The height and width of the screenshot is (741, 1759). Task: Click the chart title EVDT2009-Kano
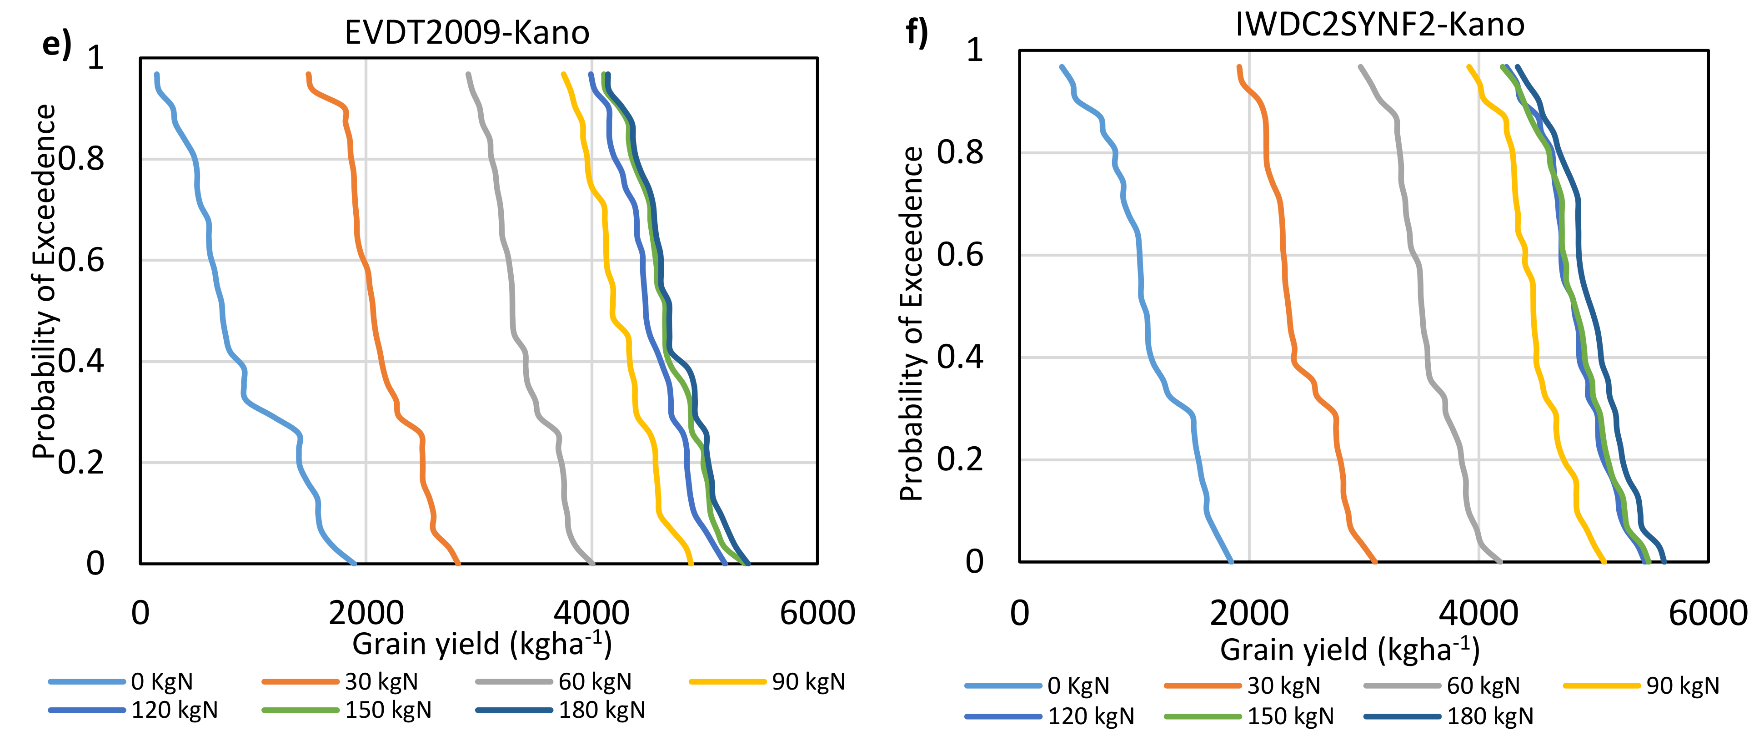[466, 33]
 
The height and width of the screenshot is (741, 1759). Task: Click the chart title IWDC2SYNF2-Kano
[1379, 25]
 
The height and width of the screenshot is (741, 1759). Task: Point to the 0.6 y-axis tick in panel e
[81, 260]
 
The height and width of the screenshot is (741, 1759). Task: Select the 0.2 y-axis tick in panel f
[959, 459]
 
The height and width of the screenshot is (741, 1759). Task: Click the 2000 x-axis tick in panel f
[1249, 613]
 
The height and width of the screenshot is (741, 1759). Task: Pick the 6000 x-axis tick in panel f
[1707, 613]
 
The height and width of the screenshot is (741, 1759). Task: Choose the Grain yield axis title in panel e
[481, 644]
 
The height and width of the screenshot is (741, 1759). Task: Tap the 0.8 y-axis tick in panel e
[81, 159]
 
